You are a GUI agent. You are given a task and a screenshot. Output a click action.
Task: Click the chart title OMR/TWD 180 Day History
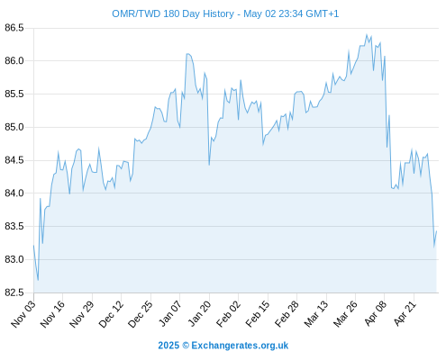(x=173, y=13)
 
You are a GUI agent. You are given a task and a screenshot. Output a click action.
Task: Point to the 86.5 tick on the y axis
(x=14, y=28)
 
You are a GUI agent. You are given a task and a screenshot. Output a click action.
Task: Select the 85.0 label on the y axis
(x=14, y=127)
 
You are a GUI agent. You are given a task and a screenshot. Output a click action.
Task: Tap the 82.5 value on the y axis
(x=14, y=292)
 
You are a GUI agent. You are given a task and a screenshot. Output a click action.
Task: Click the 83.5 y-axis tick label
(x=14, y=226)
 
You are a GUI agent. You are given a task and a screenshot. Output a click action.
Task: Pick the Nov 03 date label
(x=23, y=314)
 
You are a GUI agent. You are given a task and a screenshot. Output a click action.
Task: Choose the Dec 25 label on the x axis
(x=141, y=314)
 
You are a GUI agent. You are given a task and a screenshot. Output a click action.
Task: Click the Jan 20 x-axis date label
(x=199, y=314)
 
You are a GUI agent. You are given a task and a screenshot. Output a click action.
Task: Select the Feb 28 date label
(x=287, y=314)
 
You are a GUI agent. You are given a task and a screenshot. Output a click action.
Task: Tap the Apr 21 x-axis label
(x=405, y=314)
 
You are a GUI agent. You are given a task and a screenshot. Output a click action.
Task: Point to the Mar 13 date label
(x=316, y=314)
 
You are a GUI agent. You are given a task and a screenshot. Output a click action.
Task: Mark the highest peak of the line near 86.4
(x=367, y=34)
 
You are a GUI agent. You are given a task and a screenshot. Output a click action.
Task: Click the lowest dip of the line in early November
(x=38, y=280)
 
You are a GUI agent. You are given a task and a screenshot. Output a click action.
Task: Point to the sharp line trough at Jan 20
(x=209, y=165)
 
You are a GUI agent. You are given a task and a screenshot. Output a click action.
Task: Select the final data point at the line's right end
(x=436, y=231)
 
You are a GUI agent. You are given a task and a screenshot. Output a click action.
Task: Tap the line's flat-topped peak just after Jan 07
(x=188, y=54)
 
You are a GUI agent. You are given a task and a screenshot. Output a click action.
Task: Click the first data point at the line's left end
(x=33, y=246)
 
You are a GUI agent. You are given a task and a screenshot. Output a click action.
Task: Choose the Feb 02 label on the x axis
(x=229, y=314)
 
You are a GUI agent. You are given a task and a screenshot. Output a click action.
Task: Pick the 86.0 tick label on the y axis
(x=14, y=61)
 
